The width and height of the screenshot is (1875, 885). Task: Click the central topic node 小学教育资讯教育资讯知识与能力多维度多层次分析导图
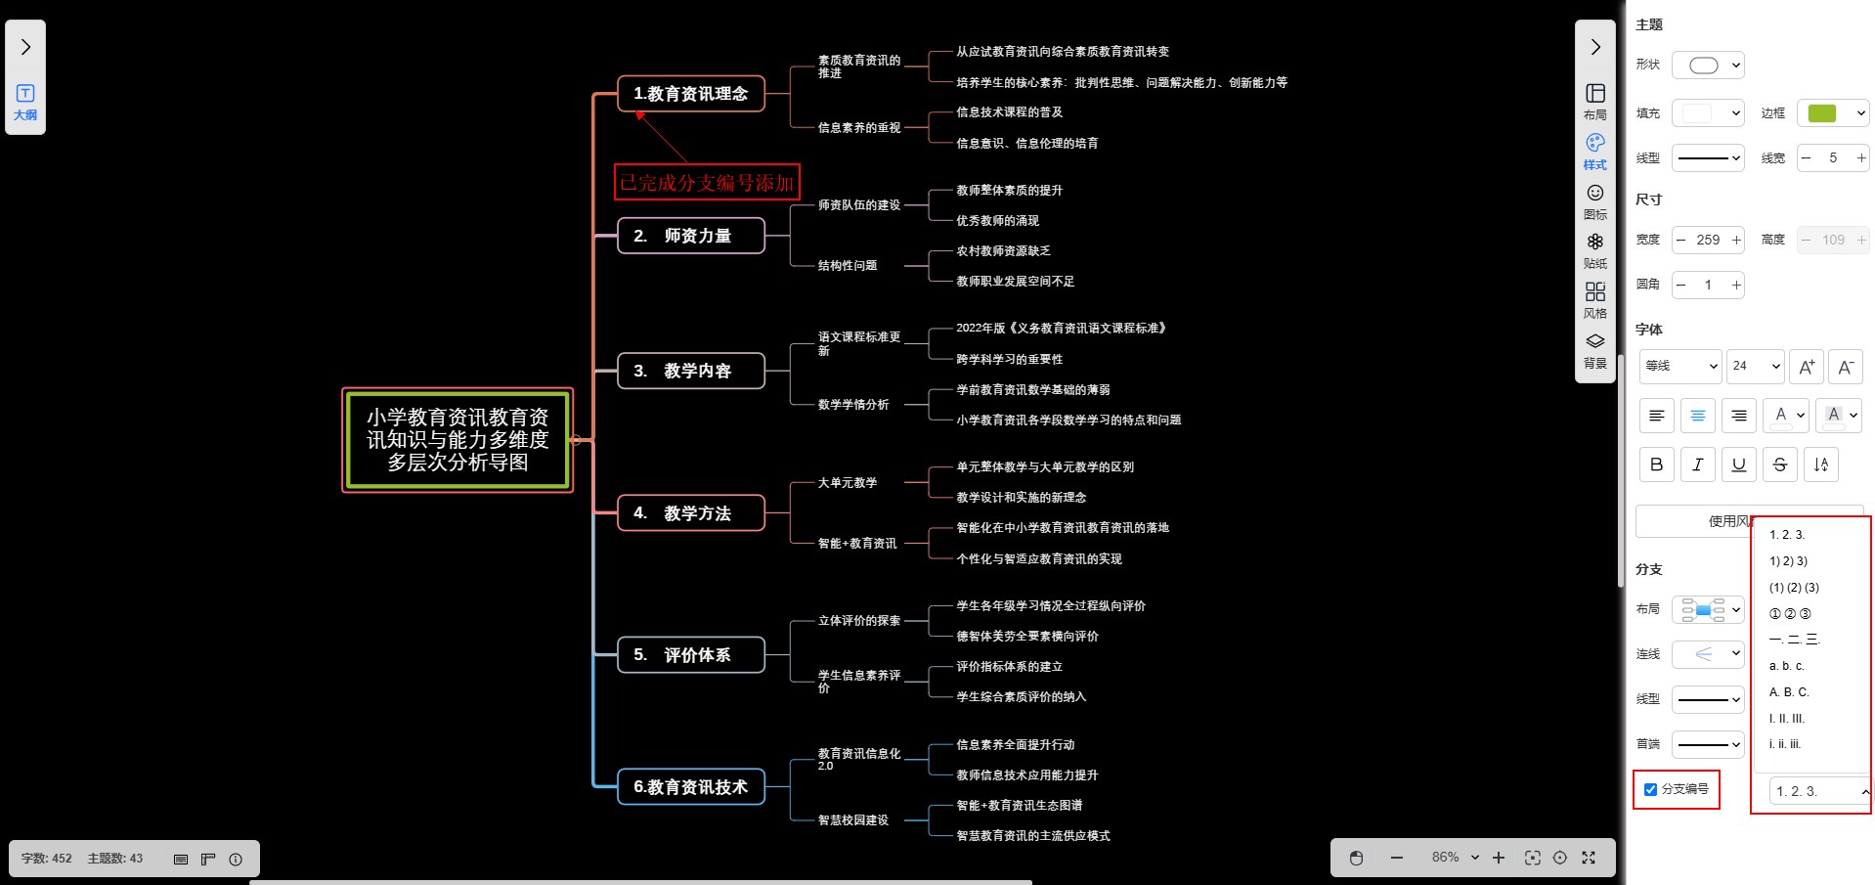(458, 440)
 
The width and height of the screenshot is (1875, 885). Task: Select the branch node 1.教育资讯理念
(690, 94)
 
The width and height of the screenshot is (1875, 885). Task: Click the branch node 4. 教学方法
(690, 513)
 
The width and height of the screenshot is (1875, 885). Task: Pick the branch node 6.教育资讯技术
(690, 787)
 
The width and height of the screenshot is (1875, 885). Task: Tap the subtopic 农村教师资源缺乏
(1003, 251)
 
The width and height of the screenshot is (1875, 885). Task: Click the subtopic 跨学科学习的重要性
(1009, 360)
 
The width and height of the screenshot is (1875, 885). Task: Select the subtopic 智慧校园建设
(852, 820)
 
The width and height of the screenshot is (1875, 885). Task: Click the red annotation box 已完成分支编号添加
(707, 183)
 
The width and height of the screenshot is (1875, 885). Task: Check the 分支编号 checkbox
(1650, 789)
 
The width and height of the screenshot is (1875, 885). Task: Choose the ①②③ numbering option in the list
(1790, 614)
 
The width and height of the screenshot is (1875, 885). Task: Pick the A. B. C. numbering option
(1789, 692)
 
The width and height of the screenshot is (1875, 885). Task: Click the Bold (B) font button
(1656, 465)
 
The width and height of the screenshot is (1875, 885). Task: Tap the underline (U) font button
(1738, 465)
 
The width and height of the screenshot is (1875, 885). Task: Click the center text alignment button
(1697, 416)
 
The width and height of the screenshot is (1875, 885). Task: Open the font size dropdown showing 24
(1755, 366)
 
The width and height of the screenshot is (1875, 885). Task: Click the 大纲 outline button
(25, 102)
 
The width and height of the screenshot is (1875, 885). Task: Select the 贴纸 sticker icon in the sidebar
(1594, 249)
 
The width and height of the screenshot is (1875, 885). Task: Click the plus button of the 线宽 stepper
(1861, 158)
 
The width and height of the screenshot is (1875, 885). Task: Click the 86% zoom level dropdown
(1455, 858)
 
